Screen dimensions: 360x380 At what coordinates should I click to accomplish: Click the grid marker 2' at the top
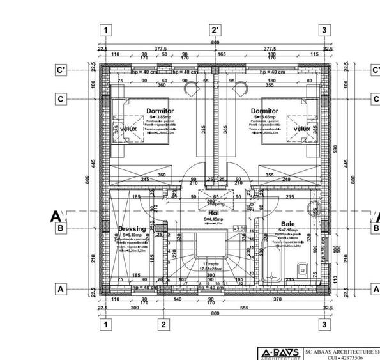click(215, 30)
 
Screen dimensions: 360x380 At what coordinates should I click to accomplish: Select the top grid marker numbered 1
click(106, 30)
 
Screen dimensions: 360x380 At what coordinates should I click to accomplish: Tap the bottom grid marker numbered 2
click(163, 325)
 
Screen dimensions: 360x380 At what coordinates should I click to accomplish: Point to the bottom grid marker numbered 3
click(324, 325)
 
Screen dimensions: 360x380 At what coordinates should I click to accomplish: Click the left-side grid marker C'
click(61, 70)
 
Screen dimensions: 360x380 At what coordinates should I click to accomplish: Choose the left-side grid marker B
click(61, 228)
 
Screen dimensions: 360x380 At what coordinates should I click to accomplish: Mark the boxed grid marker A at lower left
click(61, 289)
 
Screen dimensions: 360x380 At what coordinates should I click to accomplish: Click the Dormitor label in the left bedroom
click(160, 111)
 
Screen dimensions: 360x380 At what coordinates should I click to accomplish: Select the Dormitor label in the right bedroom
click(264, 111)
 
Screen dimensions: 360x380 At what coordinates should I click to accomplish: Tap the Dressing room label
click(132, 228)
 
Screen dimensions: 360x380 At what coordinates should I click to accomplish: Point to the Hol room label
click(213, 214)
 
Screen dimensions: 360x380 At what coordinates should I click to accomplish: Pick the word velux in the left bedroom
click(129, 129)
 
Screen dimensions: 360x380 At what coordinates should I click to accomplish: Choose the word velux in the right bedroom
click(301, 129)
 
